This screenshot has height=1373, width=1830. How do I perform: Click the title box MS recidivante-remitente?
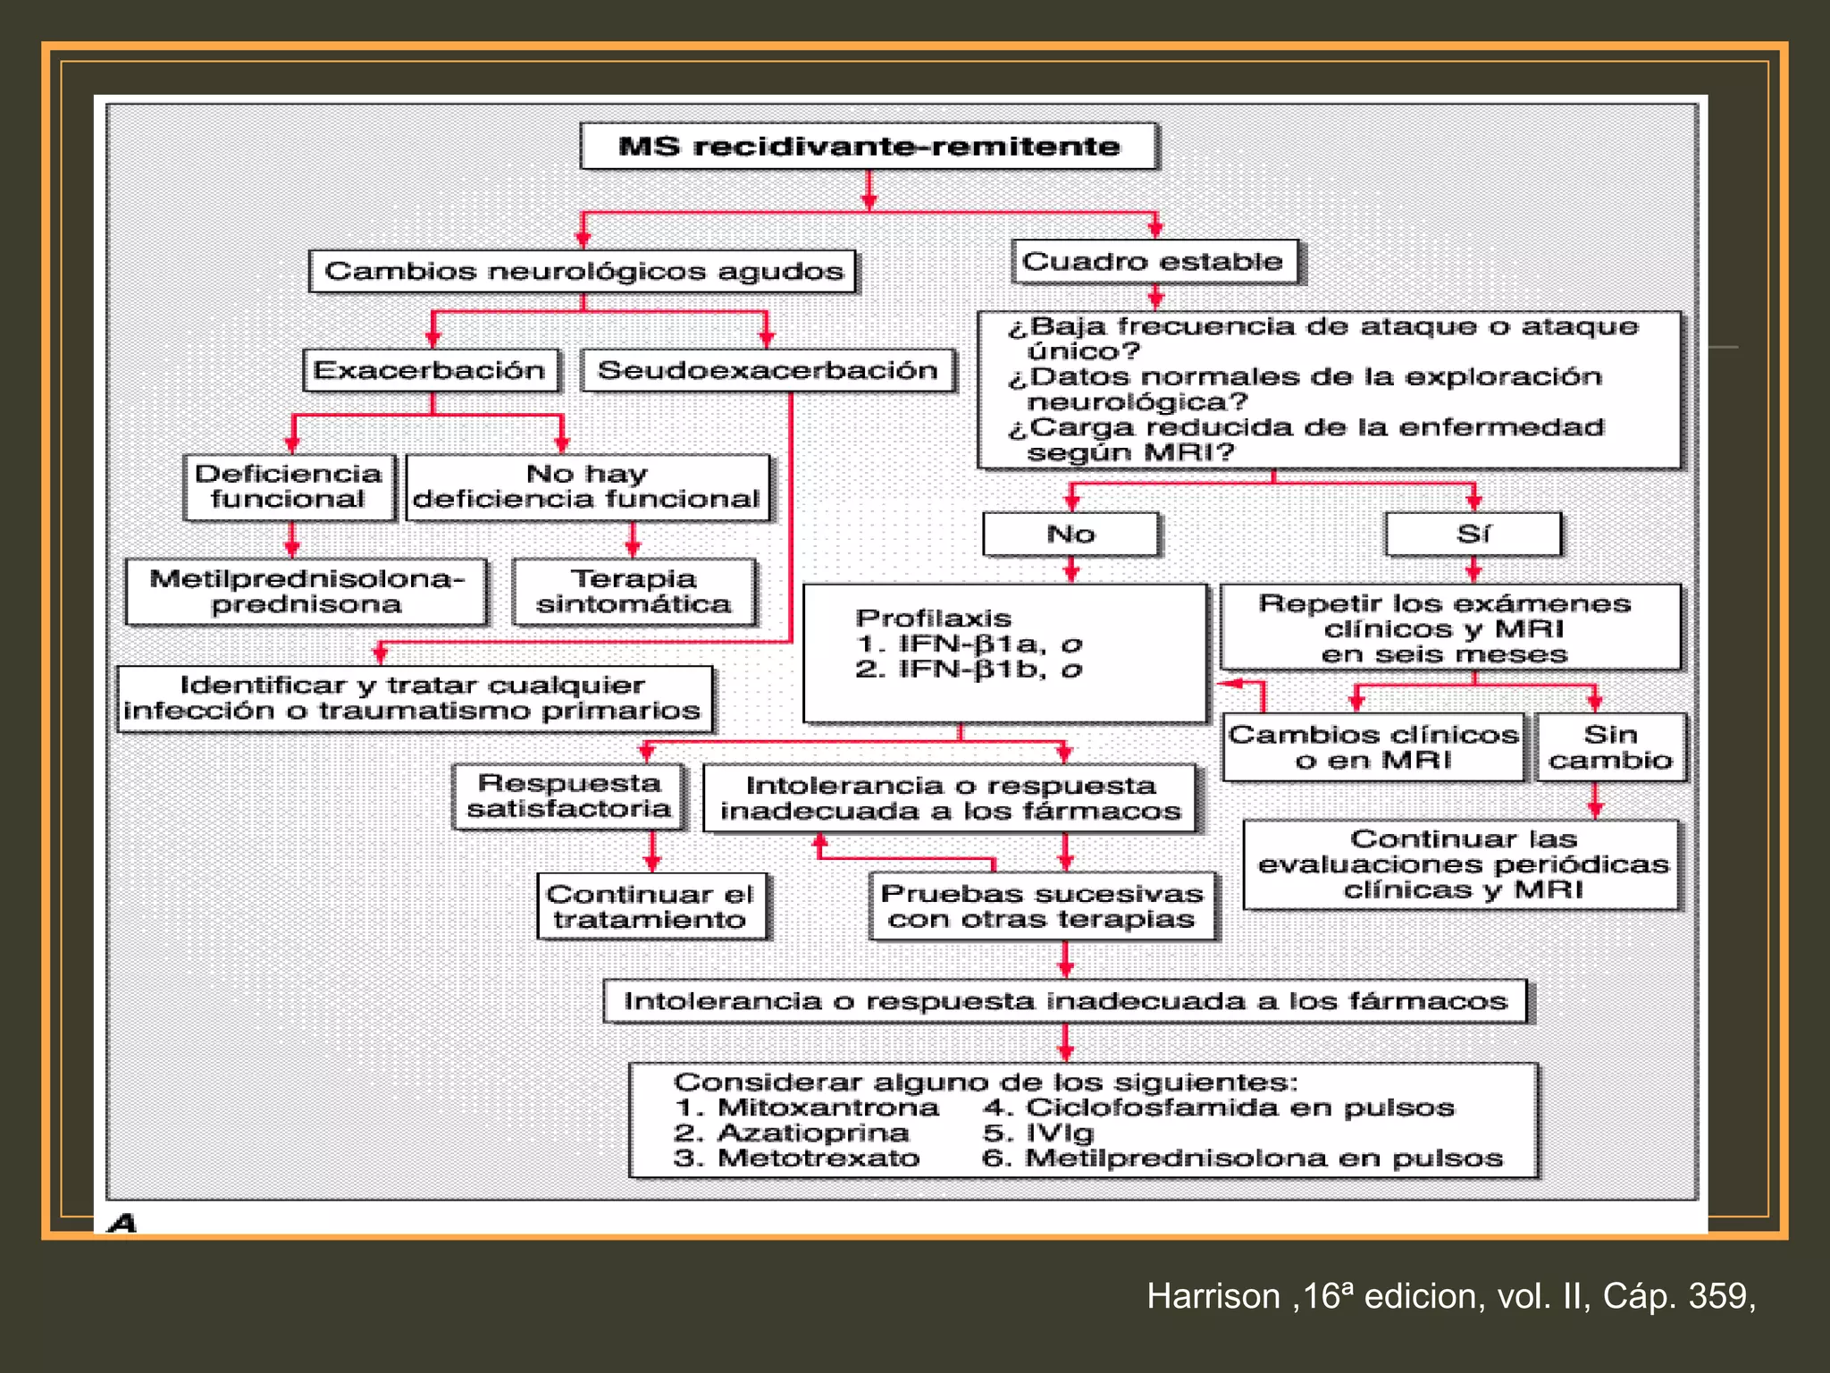click(x=869, y=146)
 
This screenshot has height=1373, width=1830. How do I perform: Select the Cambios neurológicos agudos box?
click(x=583, y=271)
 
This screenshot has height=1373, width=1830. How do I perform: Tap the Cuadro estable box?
click(x=1154, y=261)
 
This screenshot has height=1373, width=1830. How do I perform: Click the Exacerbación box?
click(x=431, y=370)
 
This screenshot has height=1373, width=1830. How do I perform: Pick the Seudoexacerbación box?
click(x=768, y=370)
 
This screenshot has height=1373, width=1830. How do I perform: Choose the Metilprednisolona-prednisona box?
click(x=306, y=591)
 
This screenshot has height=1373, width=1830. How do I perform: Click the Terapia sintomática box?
click(x=634, y=591)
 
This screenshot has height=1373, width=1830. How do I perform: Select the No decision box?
click(x=1070, y=534)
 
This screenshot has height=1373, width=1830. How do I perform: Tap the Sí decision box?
click(x=1473, y=534)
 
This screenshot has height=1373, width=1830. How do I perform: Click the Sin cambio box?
click(x=1610, y=746)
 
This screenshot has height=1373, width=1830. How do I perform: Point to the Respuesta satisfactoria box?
click(x=569, y=796)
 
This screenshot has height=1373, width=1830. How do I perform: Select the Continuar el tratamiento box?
click(x=651, y=906)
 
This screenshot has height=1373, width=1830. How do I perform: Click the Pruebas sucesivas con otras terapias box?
click(x=1042, y=906)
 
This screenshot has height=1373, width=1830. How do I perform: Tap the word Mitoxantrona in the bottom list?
click(x=828, y=1108)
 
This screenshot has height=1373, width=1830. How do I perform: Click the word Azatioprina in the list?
click(x=813, y=1133)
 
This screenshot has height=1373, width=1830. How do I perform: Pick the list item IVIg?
click(x=1060, y=1133)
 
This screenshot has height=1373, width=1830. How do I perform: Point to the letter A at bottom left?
click(x=122, y=1222)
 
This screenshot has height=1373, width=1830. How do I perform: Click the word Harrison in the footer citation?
click(x=1213, y=1295)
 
